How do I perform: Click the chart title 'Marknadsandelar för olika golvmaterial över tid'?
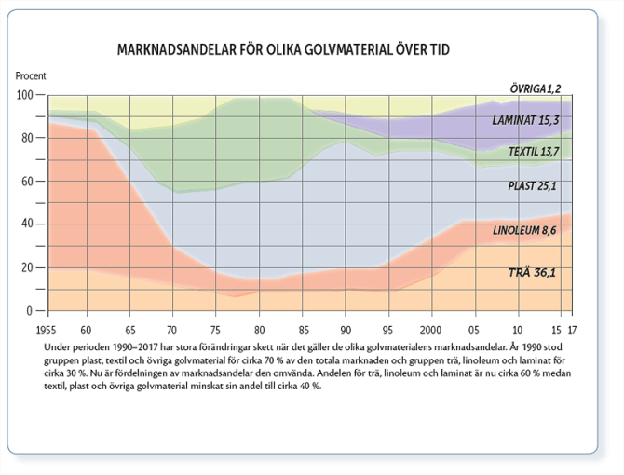[290, 49]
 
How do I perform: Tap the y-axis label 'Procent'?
[31, 75]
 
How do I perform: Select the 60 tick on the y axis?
[29, 182]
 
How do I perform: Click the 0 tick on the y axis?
[32, 311]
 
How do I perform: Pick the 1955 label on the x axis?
[47, 331]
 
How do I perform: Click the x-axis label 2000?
[429, 331]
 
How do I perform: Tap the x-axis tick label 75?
[216, 331]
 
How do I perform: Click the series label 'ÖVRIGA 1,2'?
[535, 88]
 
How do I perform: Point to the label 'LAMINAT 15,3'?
[527, 120]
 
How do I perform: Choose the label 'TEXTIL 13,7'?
[534, 151]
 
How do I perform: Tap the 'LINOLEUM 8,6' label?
[524, 229]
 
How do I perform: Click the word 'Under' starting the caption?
[58, 346]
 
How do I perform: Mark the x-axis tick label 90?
[345, 331]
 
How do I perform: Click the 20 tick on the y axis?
[29, 268]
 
